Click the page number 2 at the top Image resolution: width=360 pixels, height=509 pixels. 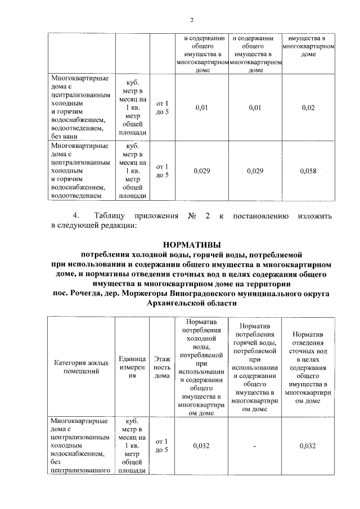(191, 20)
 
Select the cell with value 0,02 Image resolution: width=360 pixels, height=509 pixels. (308, 107)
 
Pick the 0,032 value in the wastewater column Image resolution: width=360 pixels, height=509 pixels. (308, 446)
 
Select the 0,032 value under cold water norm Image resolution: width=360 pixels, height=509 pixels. (201, 446)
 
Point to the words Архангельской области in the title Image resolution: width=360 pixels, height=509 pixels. (191, 303)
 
